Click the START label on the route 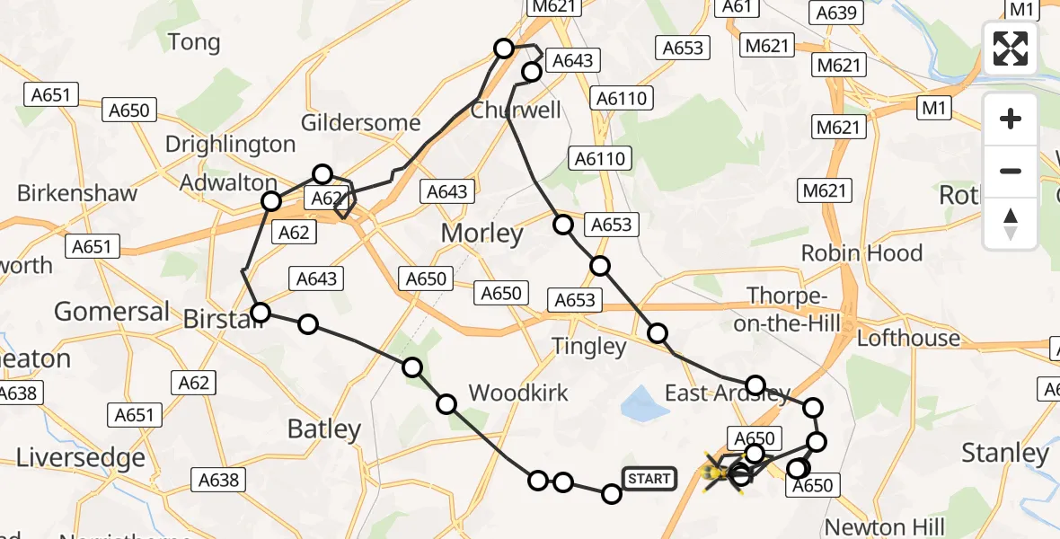[649, 479]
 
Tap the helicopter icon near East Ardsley [719, 472]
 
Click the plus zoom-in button [1011, 119]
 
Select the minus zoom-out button [1011, 171]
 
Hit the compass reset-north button [1011, 224]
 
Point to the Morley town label [481, 234]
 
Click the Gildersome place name [360, 123]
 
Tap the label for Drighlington [230, 145]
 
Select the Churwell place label [517, 110]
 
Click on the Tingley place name [589, 346]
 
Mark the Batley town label [323, 429]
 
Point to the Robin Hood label [861, 253]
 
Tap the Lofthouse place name [908, 339]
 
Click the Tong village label [193, 42]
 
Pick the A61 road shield [737, 7]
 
